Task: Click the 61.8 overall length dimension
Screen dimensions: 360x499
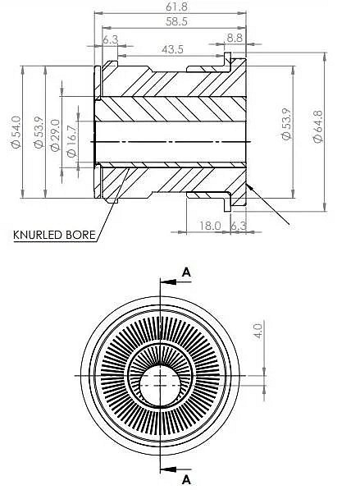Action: pos(177,7)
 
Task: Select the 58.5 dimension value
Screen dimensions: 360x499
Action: pos(177,21)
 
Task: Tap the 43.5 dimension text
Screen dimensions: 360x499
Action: pos(172,49)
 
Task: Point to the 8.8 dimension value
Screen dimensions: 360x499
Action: pos(235,39)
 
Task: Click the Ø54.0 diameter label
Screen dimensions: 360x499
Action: pos(16,132)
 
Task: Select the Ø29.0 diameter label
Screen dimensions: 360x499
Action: pos(55,135)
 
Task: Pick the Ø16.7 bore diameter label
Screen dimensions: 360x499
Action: pos(72,141)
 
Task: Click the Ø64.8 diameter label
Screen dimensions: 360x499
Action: pos(318,126)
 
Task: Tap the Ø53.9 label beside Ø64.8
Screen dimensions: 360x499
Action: pos(286,124)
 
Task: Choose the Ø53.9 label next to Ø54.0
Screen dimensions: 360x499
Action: pos(39,132)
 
